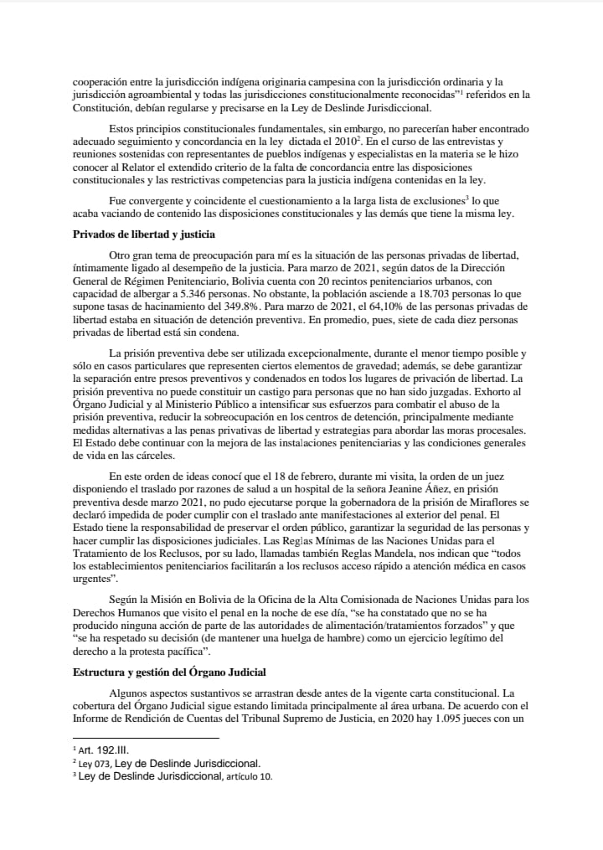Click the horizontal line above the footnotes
[x=145, y=737]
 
